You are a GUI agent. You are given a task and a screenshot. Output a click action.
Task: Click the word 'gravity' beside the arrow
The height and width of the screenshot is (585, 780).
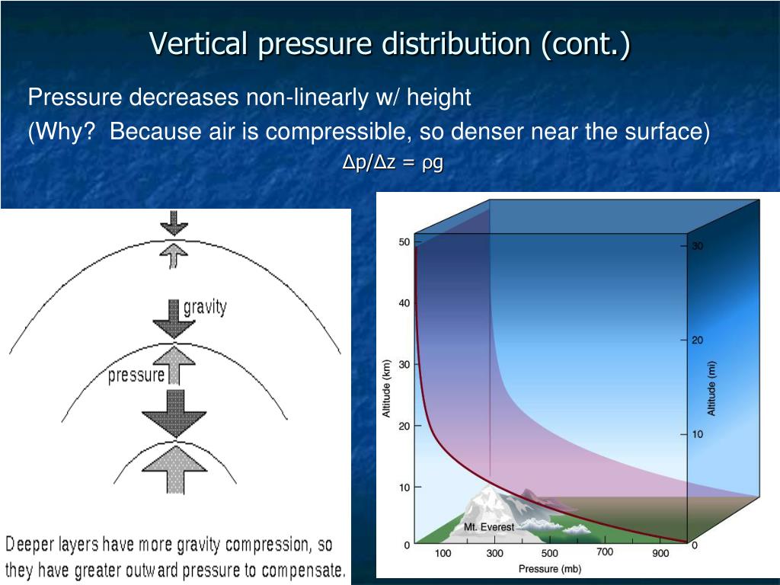pos(205,308)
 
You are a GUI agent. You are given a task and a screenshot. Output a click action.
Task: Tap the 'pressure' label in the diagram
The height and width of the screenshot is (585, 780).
pos(136,375)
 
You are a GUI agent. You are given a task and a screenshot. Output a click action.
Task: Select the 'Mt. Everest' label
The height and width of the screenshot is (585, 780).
pos(489,527)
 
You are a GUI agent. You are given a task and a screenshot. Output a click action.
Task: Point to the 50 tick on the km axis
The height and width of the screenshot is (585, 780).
pos(404,242)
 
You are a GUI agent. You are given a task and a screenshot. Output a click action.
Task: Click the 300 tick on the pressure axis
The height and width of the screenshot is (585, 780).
pos(494,553)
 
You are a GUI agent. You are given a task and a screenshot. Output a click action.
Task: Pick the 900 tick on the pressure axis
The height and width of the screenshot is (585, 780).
pos(660,553)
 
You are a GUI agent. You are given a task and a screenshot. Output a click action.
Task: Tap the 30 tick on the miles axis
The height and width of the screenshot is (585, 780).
pos(698,246)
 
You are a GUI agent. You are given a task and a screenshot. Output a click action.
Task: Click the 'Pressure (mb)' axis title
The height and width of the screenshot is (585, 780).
pos(550,568)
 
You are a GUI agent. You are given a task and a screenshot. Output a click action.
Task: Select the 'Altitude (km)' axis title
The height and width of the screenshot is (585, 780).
pos(386,388)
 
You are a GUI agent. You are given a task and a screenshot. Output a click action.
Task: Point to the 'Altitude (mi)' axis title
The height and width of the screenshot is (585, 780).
pos(711,388)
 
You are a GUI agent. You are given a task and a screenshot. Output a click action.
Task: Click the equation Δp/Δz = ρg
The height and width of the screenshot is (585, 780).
pos(393,162)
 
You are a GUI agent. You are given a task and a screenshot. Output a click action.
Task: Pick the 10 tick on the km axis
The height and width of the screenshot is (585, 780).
pos(404,487)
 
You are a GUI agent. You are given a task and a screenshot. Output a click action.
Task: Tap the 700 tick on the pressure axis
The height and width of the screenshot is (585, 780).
pos(605,552)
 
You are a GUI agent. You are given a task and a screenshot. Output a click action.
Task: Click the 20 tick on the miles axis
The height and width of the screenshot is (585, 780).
pos(698,340)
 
